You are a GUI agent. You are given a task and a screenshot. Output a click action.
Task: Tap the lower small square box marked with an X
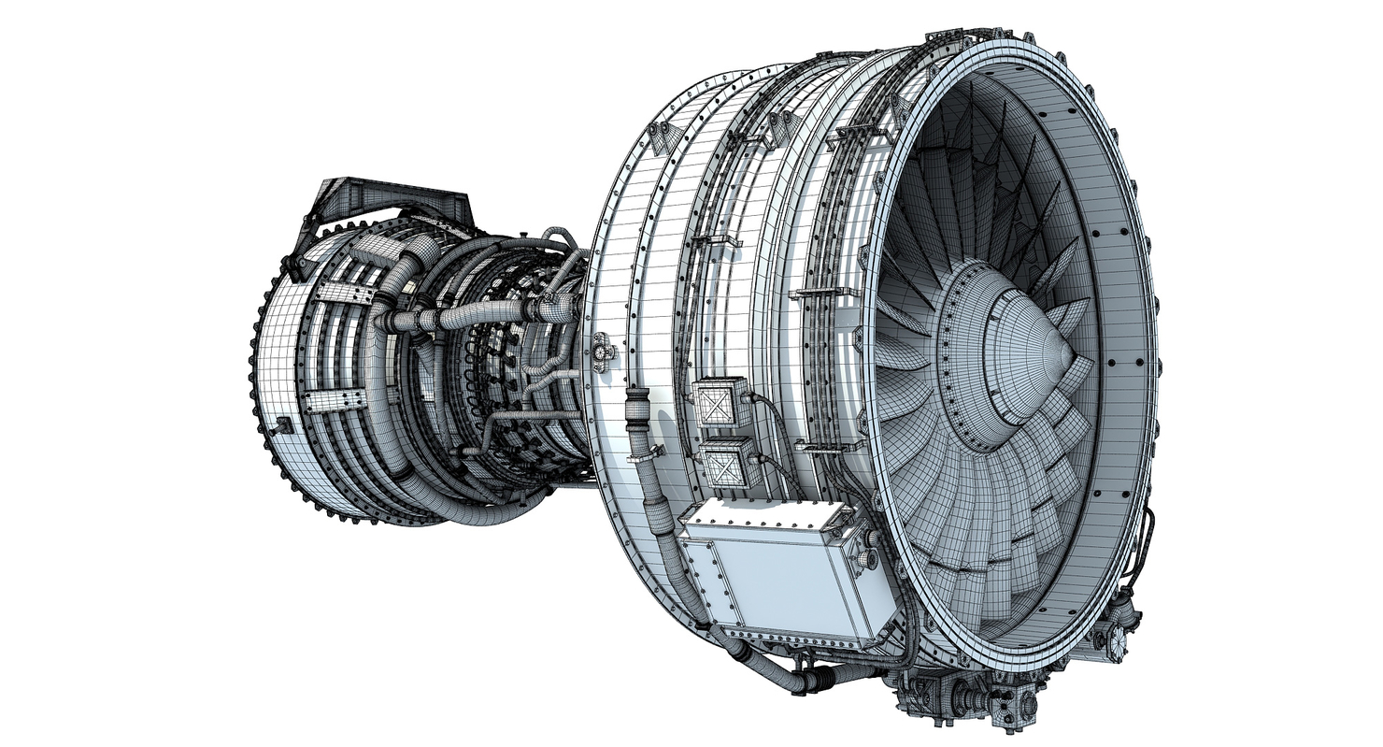coord(730,464)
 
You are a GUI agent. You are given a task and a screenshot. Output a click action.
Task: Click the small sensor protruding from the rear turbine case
coord(281,426)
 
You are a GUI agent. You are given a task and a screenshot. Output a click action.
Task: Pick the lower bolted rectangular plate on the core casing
coord(331,401)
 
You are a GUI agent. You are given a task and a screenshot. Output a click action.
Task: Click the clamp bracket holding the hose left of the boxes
coord(644,457)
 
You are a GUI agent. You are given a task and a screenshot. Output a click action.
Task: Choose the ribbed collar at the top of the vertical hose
coord(637,408)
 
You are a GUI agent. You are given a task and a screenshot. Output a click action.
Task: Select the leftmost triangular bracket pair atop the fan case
coord(665,136)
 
